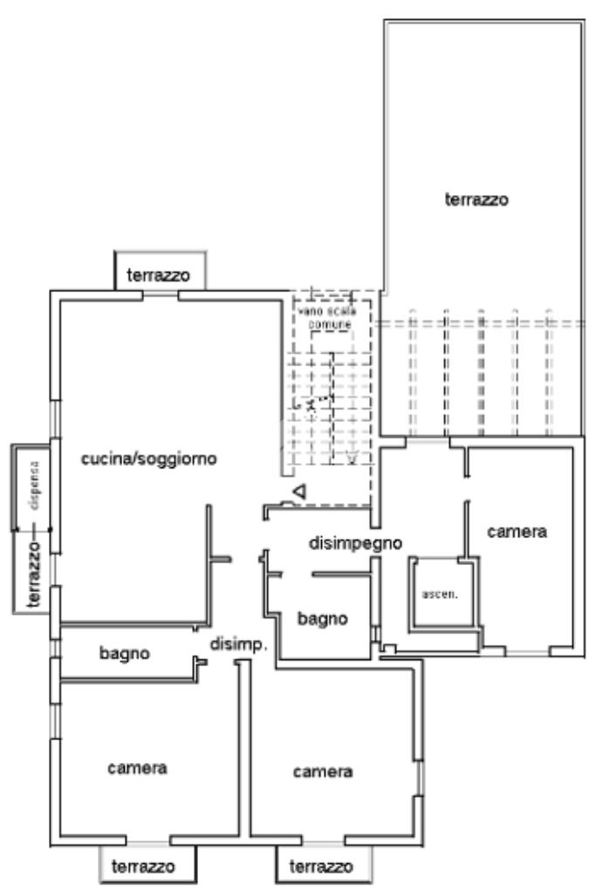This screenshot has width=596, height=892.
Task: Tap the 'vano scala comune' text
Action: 325,317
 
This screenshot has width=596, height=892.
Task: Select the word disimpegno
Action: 356,543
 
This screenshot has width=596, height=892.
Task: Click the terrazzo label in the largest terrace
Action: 476,199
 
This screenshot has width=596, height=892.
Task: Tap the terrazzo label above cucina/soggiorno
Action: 161,274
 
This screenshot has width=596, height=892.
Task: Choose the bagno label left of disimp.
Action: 125,652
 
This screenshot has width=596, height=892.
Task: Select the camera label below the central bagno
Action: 323,772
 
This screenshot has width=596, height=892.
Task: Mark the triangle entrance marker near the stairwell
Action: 299,494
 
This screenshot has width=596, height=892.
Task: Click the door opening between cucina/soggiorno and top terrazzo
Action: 161,295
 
